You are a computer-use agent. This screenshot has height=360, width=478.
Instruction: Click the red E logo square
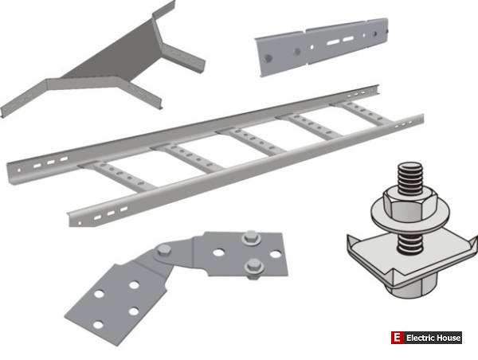[397, 338]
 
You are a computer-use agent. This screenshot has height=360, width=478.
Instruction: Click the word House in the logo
[447, 338]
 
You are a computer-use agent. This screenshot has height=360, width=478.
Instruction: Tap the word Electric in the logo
[419, 338]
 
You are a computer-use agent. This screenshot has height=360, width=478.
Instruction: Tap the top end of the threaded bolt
[410, 166]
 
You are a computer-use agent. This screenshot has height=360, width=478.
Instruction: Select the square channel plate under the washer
[412, 259]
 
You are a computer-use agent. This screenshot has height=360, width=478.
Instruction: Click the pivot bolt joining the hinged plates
[164, 250]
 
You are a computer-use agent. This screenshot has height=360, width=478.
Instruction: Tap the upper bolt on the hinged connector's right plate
[251, 237]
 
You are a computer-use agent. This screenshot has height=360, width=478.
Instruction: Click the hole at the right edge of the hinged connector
[276, 254]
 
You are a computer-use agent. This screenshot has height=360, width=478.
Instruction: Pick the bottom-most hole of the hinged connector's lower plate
[98, 325]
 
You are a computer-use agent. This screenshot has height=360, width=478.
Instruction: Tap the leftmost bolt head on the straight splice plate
[268, 58]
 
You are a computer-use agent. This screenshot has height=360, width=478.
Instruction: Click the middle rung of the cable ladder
[251, 141]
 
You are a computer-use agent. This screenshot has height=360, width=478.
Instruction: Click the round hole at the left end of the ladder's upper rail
[19, 170]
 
